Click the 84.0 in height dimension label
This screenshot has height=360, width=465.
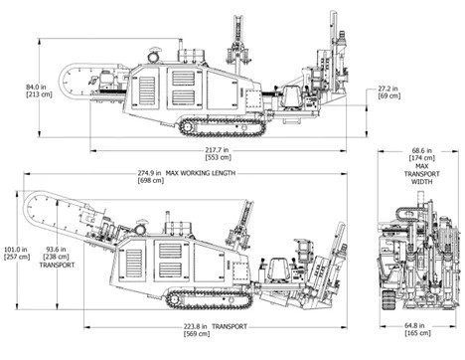coord(36,88)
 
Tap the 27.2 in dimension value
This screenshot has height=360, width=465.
coord(388,89)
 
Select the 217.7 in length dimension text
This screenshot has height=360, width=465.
coord(217,150)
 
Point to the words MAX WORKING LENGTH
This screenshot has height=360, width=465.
coord(201,173)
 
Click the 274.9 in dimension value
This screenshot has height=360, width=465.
coord(149,173)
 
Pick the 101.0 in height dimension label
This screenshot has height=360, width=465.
coord(15,250)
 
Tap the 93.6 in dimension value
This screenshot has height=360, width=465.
coord(56,250)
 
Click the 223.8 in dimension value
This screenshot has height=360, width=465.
coord(196,326)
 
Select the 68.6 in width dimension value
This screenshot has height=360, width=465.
coord(422,150)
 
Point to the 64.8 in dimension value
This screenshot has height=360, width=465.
coord(414,325)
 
